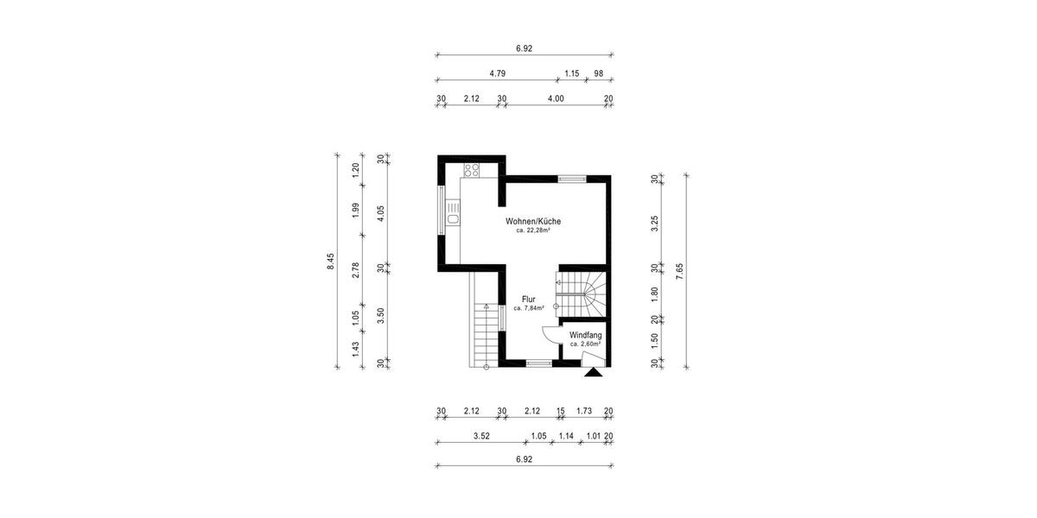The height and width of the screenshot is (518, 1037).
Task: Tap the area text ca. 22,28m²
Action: click(x=533, y=231)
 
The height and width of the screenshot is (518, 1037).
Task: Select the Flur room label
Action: click(x=528, y=299)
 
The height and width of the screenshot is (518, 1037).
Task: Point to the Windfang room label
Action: click(x=585, y=334)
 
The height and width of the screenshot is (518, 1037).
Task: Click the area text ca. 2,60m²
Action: click(x=585, y=344)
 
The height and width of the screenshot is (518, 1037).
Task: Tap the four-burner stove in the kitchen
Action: click(x=471, y=169)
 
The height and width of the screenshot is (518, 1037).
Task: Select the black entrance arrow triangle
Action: click(x=593, y=373)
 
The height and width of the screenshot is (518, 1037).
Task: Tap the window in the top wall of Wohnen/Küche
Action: click(x=571, y=179)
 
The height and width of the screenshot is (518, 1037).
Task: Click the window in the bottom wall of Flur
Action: click(x=539, y=363)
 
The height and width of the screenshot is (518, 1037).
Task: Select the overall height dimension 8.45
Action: click(x=329, y=262)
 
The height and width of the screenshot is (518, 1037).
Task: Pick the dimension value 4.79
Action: click(x=497, y=74)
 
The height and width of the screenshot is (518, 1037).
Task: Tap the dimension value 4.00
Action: click(x=556, y=99)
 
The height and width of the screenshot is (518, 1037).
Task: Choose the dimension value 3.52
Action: click(x=481, y=436)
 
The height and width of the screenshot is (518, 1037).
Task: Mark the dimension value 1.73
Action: click(x=583, y=411)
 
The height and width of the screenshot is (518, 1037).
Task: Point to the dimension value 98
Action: click(x=599, y=74)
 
